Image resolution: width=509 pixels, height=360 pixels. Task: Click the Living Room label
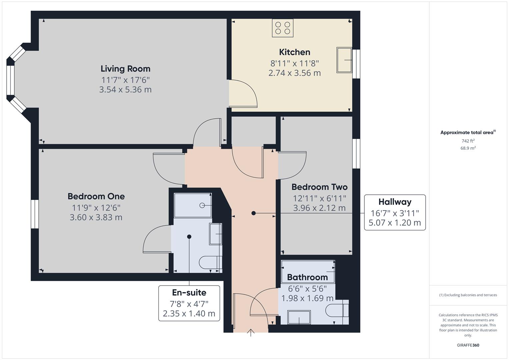[125, 69]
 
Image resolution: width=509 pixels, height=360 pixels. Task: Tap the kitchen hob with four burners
[283, 28]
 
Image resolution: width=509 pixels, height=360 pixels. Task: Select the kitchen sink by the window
[344, 60]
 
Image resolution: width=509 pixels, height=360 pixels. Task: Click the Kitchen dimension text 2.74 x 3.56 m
[294, 73]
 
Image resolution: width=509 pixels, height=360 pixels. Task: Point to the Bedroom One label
[96, 196]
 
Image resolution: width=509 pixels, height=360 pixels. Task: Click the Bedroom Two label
[319, 187]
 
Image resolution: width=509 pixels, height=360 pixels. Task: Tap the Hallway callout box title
[395, 202]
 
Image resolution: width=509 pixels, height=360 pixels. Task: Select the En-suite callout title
[189, 293]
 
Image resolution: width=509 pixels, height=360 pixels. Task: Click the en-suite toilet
[210, 262]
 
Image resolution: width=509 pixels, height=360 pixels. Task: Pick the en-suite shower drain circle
[202, 205]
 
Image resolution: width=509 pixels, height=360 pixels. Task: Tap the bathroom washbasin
[299, 317]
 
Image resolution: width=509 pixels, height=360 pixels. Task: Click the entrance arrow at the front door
[251, 333]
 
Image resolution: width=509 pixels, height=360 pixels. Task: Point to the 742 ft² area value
[468, 141]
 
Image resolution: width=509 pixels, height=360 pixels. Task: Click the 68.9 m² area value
[468, 148]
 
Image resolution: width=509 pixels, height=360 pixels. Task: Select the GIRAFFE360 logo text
[468, 345]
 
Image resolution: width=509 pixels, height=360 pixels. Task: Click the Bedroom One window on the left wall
[35, 214]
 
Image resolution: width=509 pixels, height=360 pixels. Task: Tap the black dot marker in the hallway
[253, 213]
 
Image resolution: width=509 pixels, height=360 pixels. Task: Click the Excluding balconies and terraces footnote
[468, 295]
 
